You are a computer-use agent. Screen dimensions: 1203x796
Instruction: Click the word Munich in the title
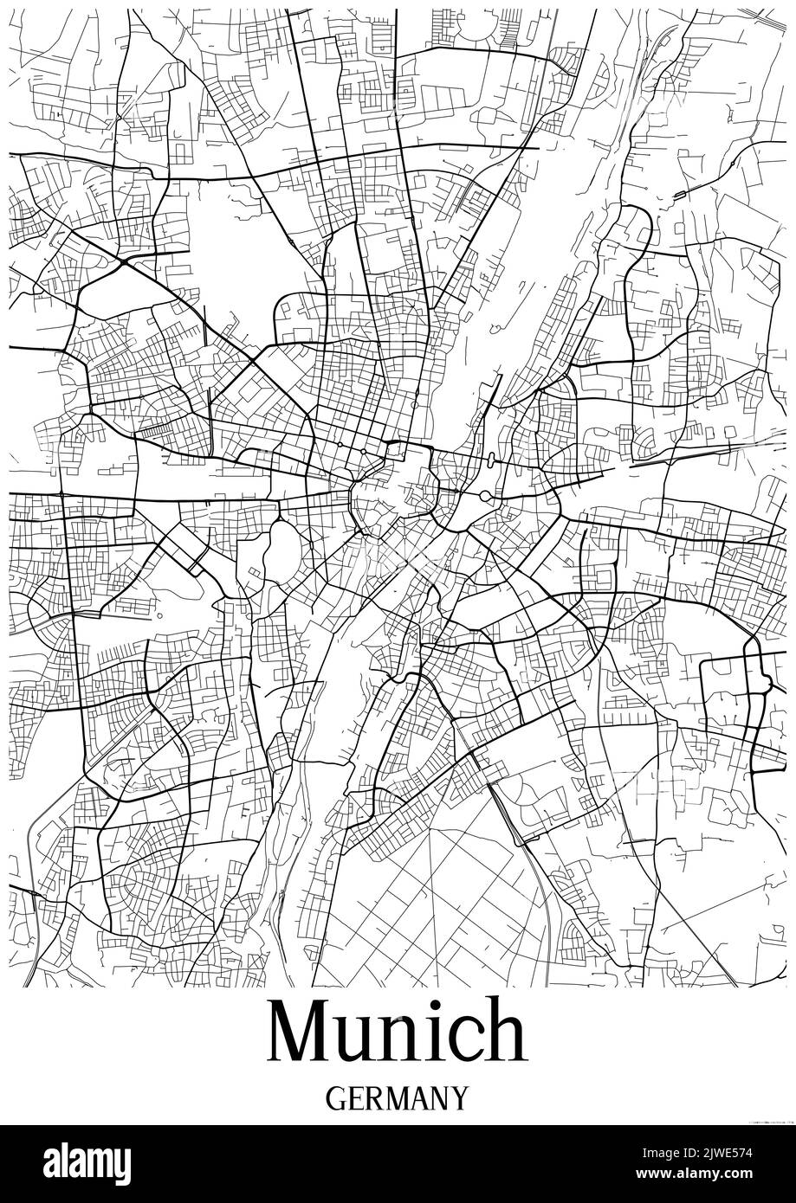tap(398, 1032)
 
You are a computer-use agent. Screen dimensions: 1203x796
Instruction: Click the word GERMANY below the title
tap(398, 1098)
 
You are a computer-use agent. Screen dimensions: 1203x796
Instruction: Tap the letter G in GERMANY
tap(336, 1098)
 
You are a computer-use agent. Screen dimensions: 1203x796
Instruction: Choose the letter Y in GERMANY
tap(458, 1098)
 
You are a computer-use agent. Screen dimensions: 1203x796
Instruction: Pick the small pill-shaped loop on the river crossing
tap(492, 460)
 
